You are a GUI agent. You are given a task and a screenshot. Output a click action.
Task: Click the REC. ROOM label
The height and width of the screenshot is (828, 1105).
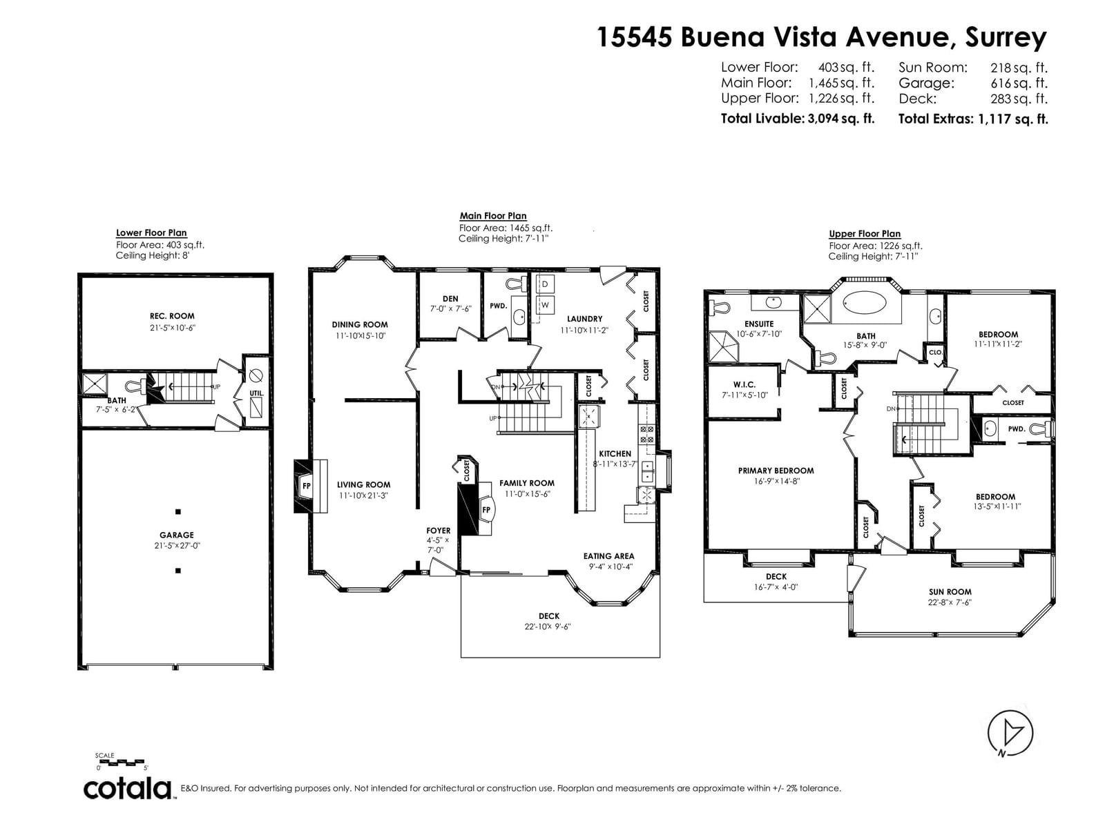(172, 316)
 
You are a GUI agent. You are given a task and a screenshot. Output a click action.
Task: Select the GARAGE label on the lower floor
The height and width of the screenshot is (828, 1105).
(177, 535)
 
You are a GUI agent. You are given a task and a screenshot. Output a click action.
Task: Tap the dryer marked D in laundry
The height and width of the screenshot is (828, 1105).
(545, 284)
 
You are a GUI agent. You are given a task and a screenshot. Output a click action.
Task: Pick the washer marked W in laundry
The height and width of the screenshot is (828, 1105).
(545, 305)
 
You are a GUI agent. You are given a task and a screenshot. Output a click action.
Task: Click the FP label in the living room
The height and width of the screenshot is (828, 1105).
(306, 486)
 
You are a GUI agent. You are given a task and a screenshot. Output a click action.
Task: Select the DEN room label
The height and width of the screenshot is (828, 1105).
(450, 299)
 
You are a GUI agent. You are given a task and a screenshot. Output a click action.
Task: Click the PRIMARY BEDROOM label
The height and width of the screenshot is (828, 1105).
(776, 471)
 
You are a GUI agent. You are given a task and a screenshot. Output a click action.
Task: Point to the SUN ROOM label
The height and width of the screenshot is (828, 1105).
(950, 592)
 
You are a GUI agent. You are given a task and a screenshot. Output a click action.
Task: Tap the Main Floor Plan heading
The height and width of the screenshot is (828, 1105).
(493, 216)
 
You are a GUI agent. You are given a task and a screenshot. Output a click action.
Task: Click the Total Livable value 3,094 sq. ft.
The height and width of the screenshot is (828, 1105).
(840, 119)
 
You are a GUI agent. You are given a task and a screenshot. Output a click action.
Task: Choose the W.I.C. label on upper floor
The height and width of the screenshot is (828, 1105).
(744, 384)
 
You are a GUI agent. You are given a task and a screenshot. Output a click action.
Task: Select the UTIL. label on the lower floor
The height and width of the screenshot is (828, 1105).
(256, 393)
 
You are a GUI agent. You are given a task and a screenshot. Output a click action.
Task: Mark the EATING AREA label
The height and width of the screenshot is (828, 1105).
(608, 556)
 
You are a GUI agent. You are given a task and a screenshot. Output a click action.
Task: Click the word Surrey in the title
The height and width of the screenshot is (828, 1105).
(1006, 38)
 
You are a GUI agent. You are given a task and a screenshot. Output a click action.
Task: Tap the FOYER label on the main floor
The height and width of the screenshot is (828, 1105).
(439, 531)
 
